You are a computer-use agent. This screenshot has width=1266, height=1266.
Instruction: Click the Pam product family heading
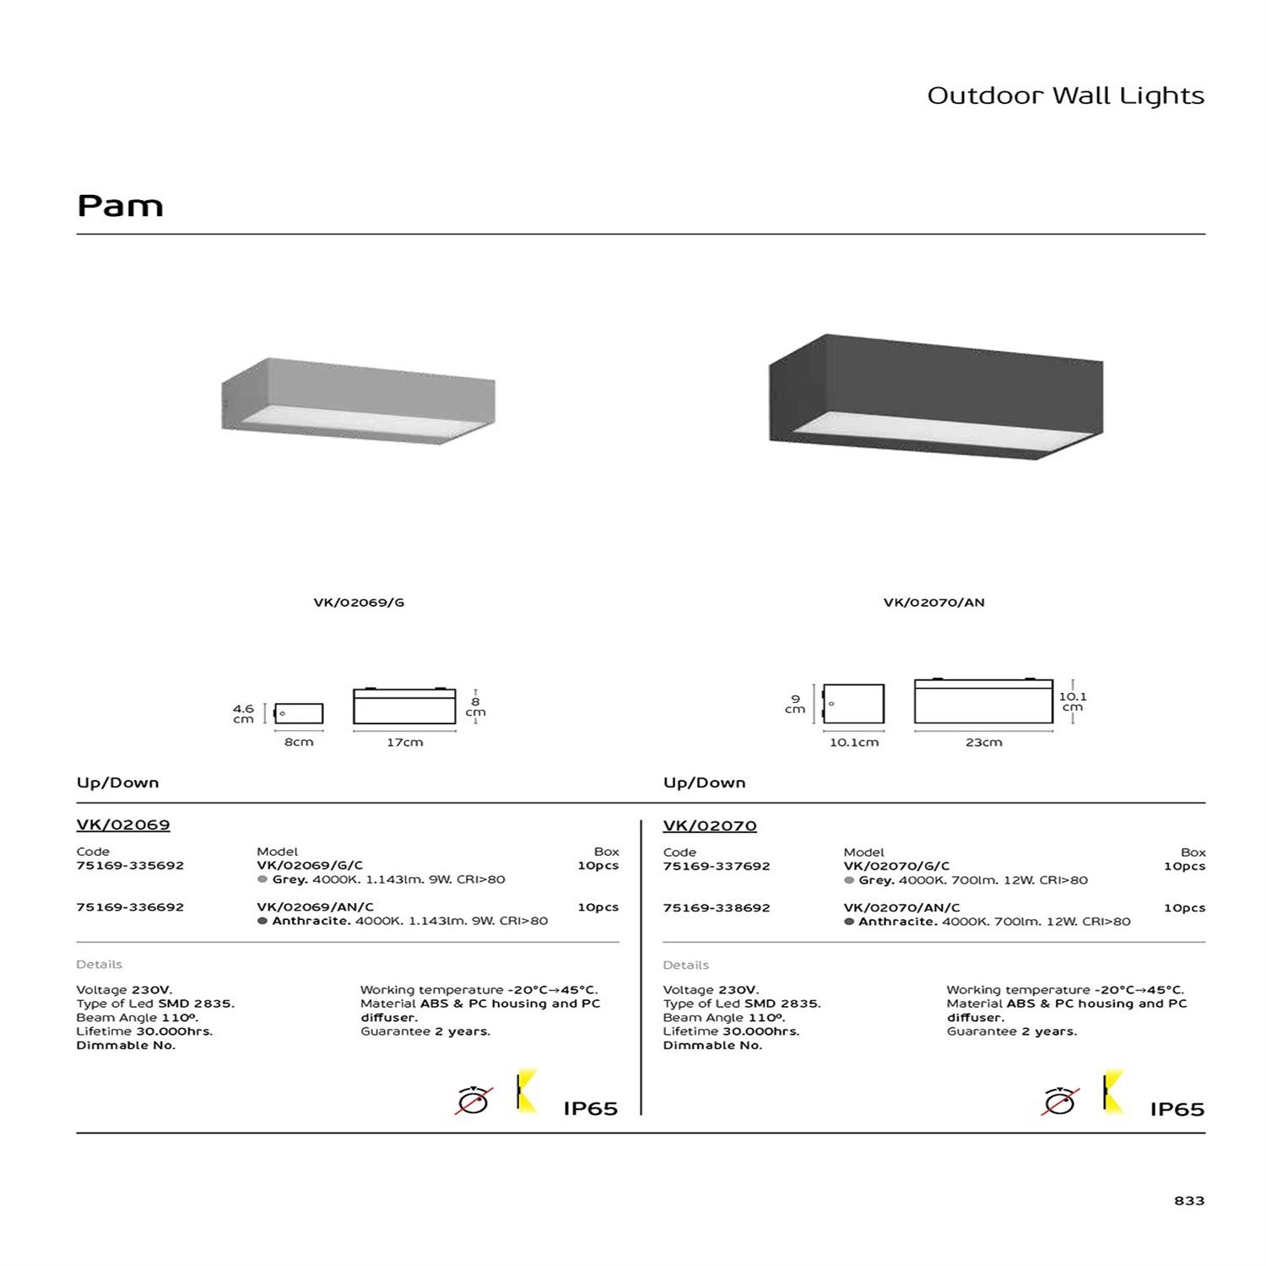click(x=120, y=206)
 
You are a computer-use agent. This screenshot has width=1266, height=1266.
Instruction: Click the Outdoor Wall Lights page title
click(x=1065, y=95)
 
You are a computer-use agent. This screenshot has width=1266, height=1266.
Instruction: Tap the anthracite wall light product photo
click(x=935, y=397)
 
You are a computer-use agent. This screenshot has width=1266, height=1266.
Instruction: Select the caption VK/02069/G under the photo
click(x=359, y=603)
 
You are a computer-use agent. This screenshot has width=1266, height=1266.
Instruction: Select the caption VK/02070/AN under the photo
click(x=933, y=603)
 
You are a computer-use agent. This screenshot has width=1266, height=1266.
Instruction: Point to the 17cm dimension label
click(x=404, y=743)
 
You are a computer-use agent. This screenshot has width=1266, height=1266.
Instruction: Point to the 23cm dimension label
click(x=983, y=743)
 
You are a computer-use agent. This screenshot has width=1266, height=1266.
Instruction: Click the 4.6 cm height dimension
click(x=243, y=714)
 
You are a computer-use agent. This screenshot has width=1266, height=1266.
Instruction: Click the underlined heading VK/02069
click(x=123, y=825)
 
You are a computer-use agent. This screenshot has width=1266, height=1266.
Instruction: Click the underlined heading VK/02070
click(x=710, y=825)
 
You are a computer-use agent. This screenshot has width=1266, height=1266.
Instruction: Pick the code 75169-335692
click(x=130, y=865)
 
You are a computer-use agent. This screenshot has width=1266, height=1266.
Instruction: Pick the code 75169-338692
click(x=717, y=908)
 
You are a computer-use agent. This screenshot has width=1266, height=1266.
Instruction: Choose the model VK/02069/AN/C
click(x=315, y=907)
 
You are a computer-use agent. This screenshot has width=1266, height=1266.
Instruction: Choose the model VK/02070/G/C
click(x=896, y=866)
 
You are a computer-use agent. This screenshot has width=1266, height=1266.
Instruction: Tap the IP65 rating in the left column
click(x=591, y=1108)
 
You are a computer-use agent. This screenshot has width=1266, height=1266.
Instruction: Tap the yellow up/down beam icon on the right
click(x=1113, y=1091)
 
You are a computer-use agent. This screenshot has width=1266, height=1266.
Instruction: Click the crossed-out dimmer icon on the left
click(x=473, y=1101)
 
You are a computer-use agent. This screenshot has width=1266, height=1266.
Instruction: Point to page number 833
click(x=1189, y=1200)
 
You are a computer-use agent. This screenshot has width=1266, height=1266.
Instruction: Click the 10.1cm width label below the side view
click(x=853, y=743)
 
